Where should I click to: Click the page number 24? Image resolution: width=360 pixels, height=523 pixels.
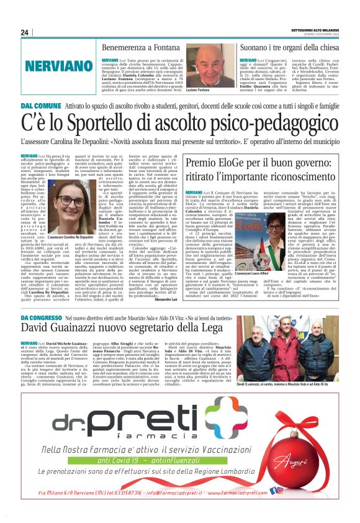pyautogui.click(x=25, y=32)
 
